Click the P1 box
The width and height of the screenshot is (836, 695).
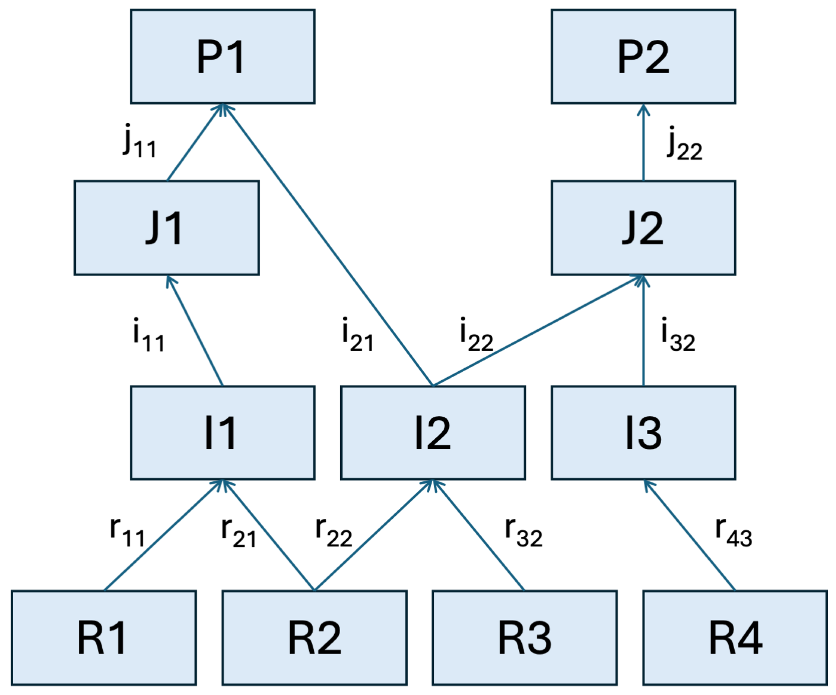tap(222, 56)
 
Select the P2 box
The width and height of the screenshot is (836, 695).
tap(643, 56)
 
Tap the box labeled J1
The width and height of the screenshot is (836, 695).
tap(166, 228)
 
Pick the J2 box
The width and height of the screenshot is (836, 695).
tap(643, 228)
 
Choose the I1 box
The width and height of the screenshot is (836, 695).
tap(222, 432)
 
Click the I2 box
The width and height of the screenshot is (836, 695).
tap(433, 432)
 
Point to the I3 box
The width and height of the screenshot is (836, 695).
tap(643, 432)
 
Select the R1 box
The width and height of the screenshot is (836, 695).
tap(103, 638)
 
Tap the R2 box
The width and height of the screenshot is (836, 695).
tap(314, 638)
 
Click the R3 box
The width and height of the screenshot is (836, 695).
tap(524, 638)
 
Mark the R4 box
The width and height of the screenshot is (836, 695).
tap(735, 638)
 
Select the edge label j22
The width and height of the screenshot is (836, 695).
tap(684, 144)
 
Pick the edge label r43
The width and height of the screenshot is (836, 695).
tap(733, 532)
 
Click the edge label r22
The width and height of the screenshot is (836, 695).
tap(333, 532)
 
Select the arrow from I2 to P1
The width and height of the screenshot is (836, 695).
tap(327, 244)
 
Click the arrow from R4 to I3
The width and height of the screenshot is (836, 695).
tap(689, 535)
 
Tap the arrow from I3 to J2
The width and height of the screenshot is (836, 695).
tap(643, 331)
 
